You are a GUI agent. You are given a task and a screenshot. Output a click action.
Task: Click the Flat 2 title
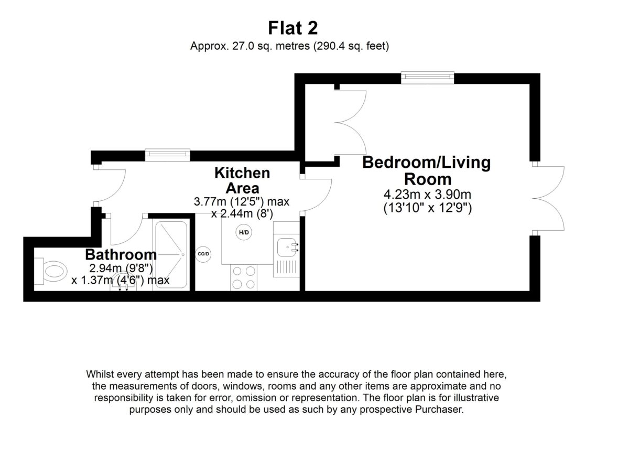pos(293,28)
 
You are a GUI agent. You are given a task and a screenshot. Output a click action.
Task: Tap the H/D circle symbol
pos(244,232)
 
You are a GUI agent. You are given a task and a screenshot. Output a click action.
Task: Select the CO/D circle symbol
pos(203,254)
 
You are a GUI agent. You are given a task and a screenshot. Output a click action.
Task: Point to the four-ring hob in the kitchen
pos(244,277)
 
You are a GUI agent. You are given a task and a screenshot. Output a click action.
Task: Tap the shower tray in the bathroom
pos(171,254)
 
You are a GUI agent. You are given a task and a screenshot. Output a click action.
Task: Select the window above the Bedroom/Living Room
pos(427,77)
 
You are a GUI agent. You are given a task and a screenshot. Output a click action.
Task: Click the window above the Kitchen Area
pos(168,155)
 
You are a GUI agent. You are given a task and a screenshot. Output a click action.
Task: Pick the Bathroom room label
pos(121,254)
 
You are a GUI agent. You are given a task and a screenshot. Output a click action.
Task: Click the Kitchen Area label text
pos(242,180)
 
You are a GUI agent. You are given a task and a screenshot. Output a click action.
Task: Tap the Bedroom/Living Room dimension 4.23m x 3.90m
pos(427,194)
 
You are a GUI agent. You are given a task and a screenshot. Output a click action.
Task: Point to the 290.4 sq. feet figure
pos(351,46)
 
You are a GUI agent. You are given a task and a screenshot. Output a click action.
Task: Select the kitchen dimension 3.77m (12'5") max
pos(242,201)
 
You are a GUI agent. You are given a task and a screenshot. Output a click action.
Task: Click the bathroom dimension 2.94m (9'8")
pos(121,269)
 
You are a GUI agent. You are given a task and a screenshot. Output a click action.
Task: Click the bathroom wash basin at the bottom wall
pos(123,283)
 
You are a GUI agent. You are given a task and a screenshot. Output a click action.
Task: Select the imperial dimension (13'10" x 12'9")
pos(428,208)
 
